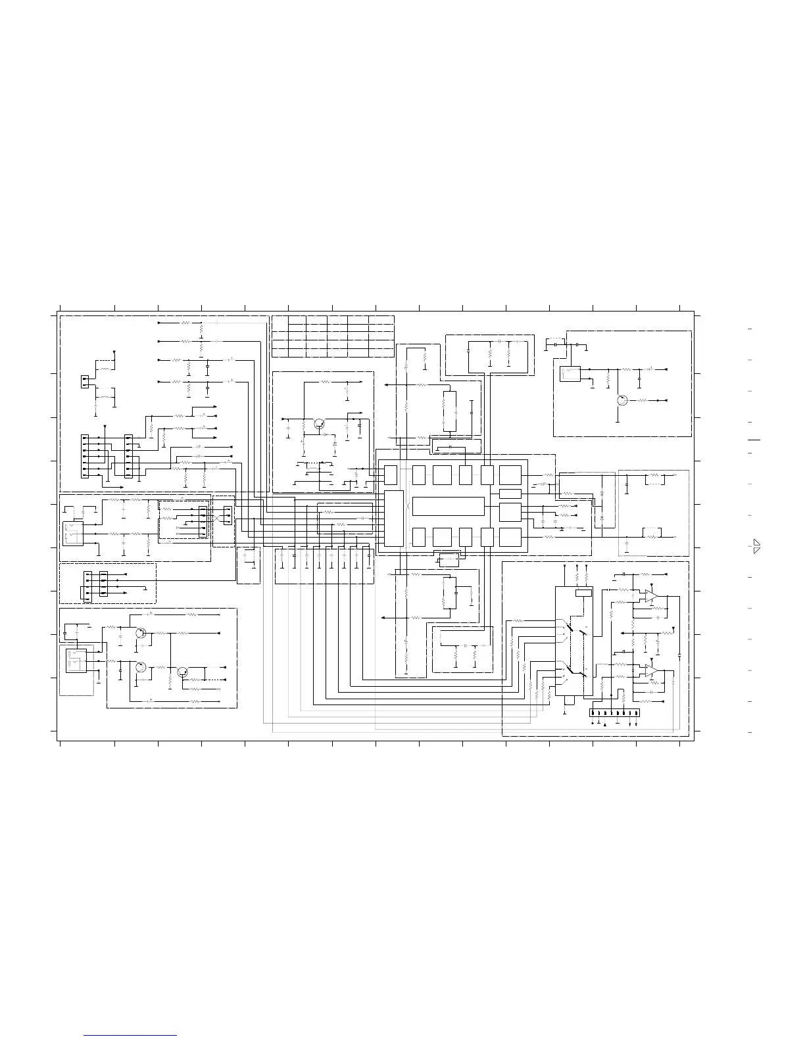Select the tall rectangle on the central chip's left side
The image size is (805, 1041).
click(393, 517)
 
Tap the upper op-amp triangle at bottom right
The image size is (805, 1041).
click(650, 595)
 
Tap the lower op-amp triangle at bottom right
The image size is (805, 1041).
click(650, 671)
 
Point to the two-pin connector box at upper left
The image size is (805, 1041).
click(84, 381)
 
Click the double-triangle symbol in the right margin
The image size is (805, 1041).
click(756, 545)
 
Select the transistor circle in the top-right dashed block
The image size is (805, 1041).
click(622, 400)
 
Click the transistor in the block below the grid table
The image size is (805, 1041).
click(319, 424)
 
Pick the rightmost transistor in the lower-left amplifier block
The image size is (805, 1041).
click(182, 672)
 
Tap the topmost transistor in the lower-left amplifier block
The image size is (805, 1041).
click(139, 633)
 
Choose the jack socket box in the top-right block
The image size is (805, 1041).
click(568, 374)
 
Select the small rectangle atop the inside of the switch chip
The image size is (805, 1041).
click(583, 593)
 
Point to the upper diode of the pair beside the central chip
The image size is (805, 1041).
click(602, 492)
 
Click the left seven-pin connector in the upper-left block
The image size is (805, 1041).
click(84, 455)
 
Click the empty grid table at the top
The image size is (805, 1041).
click(333, 336)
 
